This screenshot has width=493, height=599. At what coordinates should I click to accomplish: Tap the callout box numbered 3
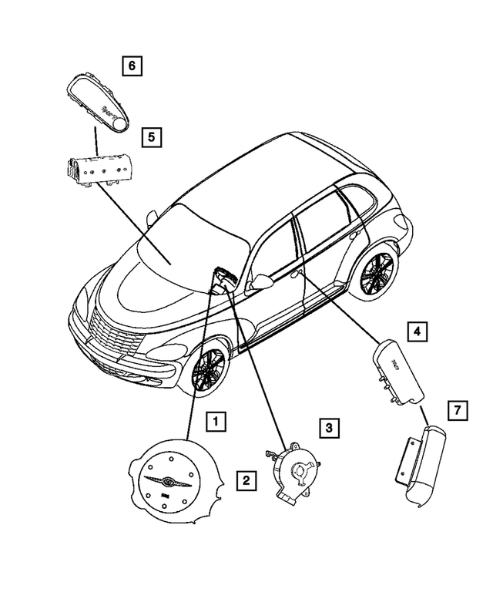click(x=328, y=428)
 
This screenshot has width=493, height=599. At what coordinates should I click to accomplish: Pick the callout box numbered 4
click(x=416, y=332)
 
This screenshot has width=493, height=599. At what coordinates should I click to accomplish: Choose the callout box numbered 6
click(x=132, y=66)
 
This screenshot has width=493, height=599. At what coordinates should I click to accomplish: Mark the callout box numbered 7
click(x=457, y=411)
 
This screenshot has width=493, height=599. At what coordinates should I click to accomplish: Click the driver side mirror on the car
click(x=260, y=283)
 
